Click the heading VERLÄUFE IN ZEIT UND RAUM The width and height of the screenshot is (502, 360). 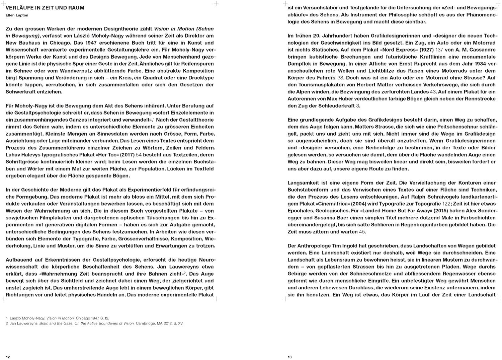(x=45, y=8)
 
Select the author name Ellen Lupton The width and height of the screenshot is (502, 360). (x=17, y=15)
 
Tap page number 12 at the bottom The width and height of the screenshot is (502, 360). (x=8, y=357)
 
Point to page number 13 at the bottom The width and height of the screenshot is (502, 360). (x=290, y=357)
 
